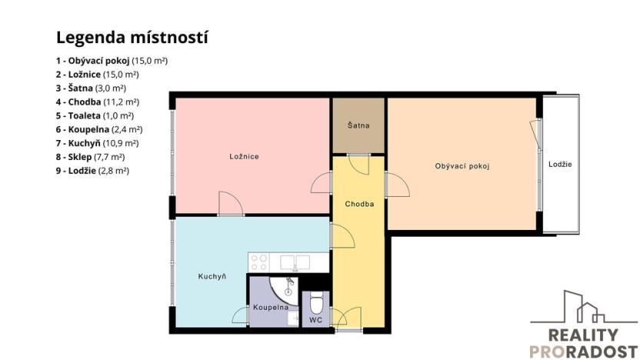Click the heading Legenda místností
coord(132,37)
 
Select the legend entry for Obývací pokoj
coord(112,60)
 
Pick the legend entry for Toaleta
coord(95,115)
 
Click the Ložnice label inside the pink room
coord(244,156)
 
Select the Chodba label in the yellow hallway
coord(359,204)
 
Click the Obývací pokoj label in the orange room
coord(462,165)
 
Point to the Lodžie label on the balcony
coord(560,165)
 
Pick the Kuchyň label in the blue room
coord(212,276)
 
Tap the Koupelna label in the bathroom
coord(270,307)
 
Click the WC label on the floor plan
coord(315,318)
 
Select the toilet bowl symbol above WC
coord(315,300)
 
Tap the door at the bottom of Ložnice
coord(230,203)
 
